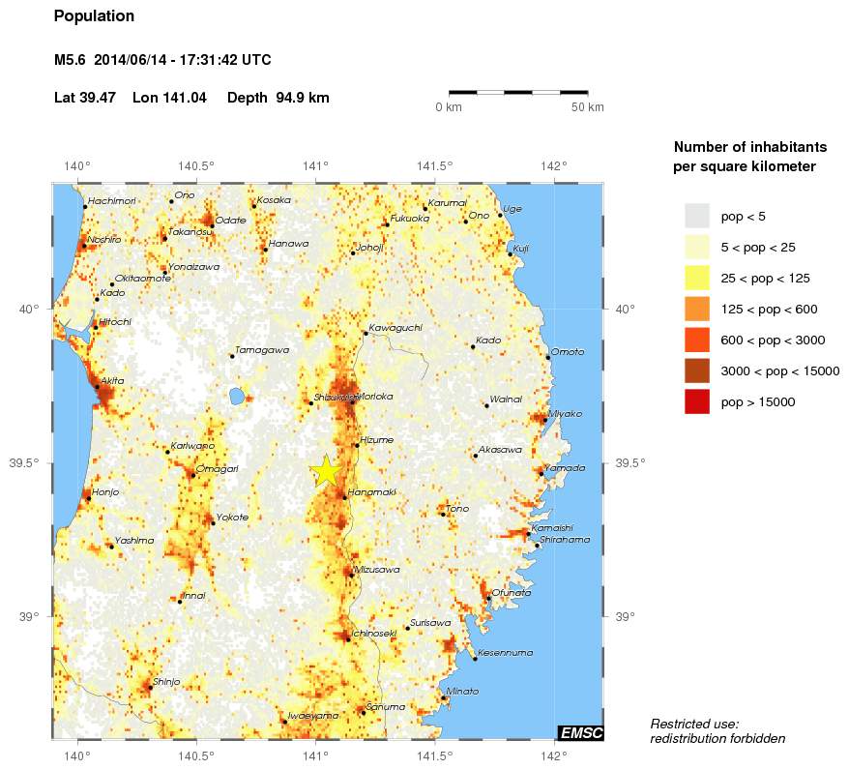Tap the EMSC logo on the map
580,733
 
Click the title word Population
94,16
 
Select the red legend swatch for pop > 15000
696,401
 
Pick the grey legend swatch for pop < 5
696,216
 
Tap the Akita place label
112,381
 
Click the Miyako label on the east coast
565,414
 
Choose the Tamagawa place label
262,350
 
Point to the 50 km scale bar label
587,106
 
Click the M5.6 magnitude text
71,60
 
